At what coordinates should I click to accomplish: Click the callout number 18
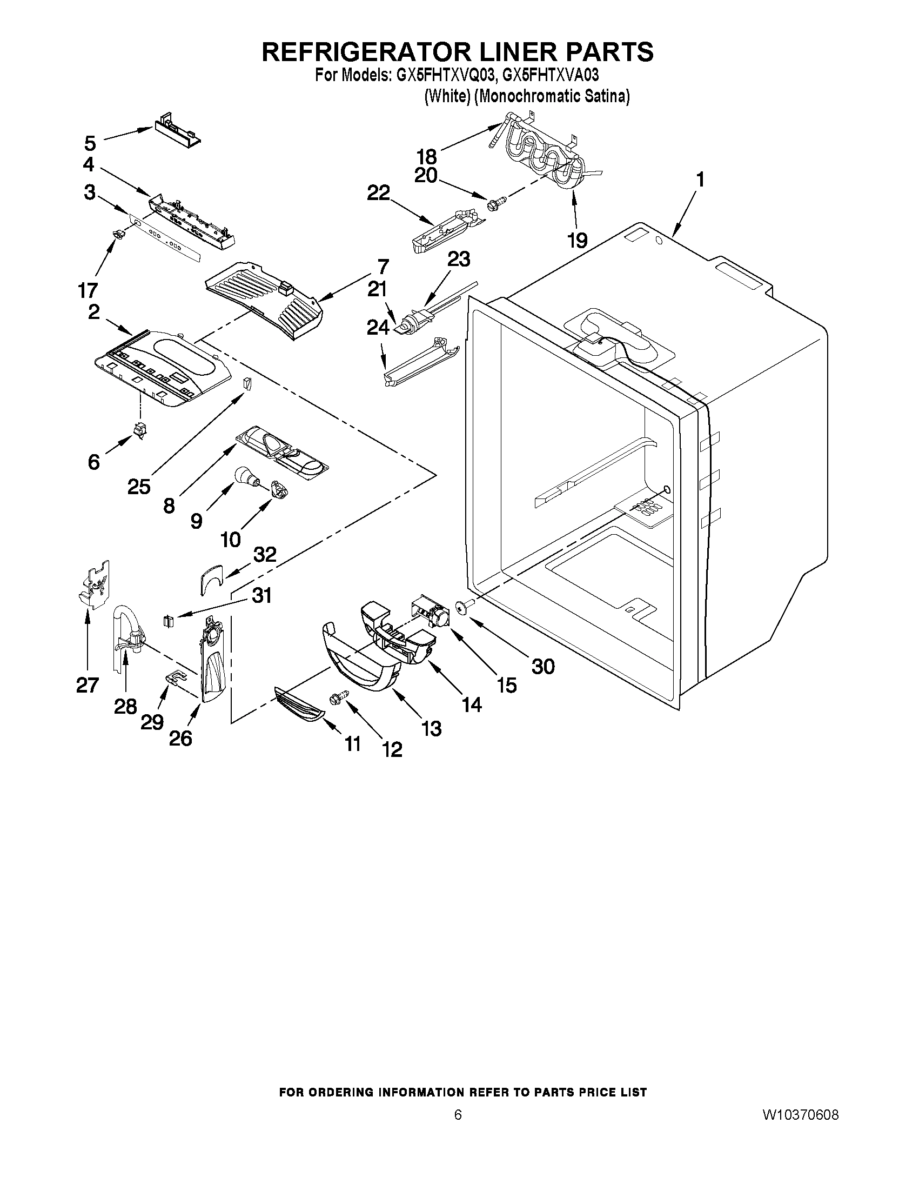426,156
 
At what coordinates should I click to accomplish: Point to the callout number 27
87,684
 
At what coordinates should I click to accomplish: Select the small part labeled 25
248,384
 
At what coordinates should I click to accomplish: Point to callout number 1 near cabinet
700,180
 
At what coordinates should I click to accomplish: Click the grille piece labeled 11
299,705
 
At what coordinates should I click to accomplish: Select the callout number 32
265,555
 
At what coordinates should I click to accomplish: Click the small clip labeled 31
167,621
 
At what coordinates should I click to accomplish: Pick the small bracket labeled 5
175,133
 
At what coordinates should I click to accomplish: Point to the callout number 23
458,260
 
